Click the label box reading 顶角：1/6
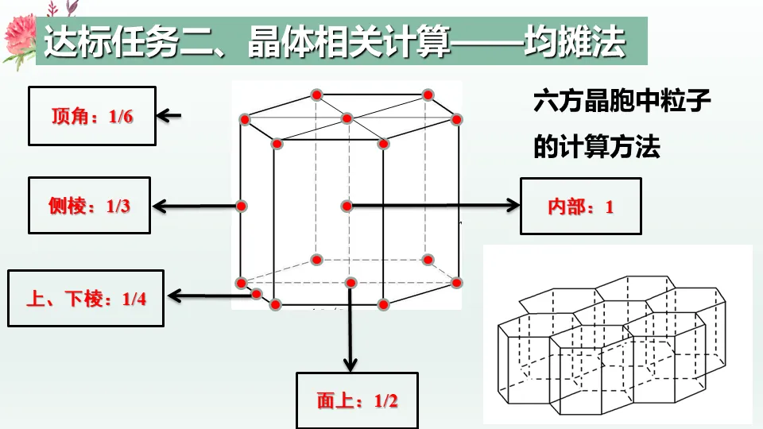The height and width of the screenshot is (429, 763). [x=92, y=117]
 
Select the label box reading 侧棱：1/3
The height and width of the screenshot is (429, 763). [x=89, y=207]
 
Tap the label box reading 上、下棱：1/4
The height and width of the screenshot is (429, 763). [x=86, y=299]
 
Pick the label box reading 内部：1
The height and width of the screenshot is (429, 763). [x=580, y=207]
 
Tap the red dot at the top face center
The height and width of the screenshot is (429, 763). [x=347, y=119]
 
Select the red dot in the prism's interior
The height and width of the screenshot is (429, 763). [x=347, y=206]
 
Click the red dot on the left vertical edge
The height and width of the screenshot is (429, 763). [x=241, y=206]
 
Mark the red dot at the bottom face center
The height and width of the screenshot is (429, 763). [x=350, y=282]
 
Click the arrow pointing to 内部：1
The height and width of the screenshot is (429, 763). [x=433, y=206]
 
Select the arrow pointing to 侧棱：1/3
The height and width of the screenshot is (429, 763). [x=195, y=207]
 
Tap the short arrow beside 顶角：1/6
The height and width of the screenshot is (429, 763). [x=168, y=116]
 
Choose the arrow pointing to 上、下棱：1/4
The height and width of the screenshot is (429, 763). [x=211, y=297]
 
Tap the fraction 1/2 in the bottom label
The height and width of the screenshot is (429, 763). [x=385, y=400]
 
